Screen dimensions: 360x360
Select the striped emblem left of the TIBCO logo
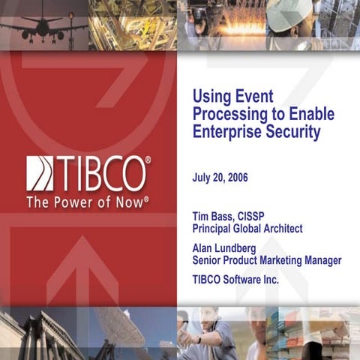pos(39,173)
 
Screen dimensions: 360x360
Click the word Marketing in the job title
pos(284,260)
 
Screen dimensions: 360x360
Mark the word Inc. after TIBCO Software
pos(289,280)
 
